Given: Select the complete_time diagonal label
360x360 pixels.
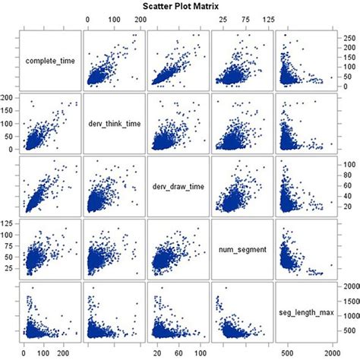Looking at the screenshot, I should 49,60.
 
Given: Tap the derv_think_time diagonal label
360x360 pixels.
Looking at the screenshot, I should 113,123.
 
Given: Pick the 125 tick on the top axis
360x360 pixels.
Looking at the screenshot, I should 268,18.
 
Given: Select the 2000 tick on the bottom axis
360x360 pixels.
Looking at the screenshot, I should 330,353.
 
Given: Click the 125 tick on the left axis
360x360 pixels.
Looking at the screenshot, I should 9,222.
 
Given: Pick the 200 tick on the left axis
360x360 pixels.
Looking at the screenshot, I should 9,98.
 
